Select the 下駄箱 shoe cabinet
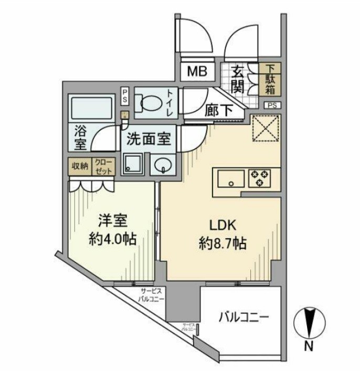click(x=271, y=79)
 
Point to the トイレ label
click(x=171, y=103)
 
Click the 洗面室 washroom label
click(x=149, y=139)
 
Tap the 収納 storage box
click(x=80, y=166)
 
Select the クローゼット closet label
click(x=102, y=166)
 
